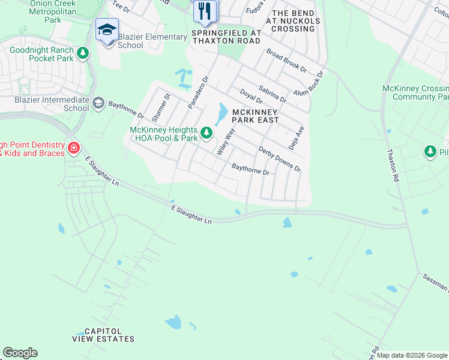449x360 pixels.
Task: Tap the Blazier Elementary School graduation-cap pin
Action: pyautogui.click(x=107, y=30)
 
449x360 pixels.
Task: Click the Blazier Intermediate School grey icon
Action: pyautogui.click(x=98, y=103)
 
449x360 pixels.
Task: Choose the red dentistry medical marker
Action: pyautogui.click(x=73, y=148)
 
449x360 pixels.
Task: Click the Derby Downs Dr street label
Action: pyautogui.click(x=279, y=158)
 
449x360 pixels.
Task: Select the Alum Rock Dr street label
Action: pyautogui.click(x=309, y=84)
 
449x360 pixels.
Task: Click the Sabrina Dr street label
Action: pyautogui.click(x=273, y=94)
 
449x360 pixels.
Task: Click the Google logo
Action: pyautogui.click(x=20, y=353)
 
